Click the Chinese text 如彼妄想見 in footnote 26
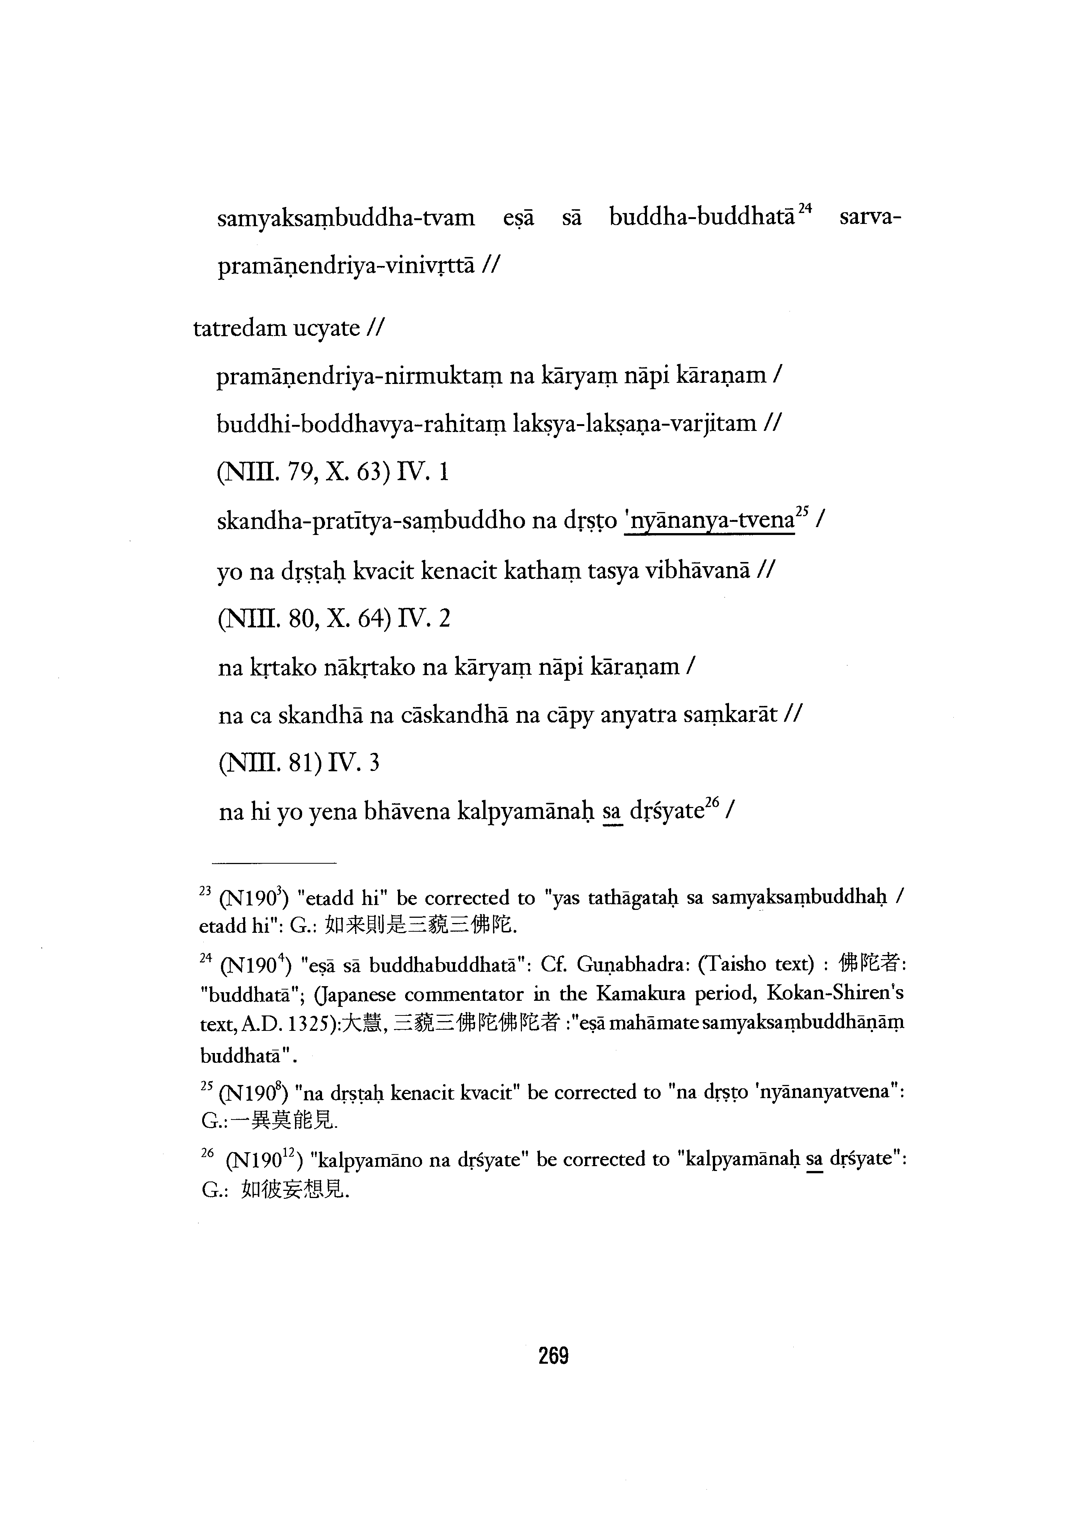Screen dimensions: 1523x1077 coord(295,1191)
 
